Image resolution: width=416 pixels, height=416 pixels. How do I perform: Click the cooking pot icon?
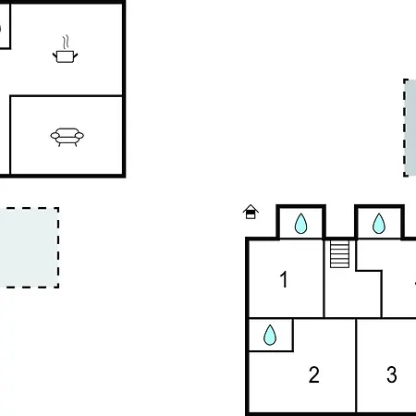coord(65,56)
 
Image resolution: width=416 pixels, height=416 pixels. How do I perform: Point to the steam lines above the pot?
coord(66,42)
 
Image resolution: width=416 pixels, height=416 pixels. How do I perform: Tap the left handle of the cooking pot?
coord(55,56)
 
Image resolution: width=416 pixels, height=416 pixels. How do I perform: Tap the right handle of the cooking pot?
coord(76,56)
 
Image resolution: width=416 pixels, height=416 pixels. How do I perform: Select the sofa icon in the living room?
coord(67,137)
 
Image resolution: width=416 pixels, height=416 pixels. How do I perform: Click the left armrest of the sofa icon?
coord(55,136)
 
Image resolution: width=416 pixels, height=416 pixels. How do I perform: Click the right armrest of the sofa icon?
coord(80,136)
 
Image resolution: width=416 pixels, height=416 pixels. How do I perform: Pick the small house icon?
coord(251,212)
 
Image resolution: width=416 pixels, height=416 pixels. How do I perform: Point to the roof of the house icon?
coord(251,208)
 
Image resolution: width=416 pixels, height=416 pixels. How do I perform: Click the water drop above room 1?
coord(300,224)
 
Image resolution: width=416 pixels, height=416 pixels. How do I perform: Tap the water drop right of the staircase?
coord(379,224)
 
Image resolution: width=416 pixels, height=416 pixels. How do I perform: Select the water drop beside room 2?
coord(270,335)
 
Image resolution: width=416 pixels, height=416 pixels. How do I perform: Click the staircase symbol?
coord(339,254)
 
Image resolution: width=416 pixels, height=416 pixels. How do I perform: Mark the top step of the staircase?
coord(339,243)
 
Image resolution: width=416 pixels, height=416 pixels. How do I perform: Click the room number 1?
coord(284,279)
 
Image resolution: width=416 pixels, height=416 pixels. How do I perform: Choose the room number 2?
coord(314,374)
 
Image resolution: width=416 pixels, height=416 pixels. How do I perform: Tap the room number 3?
coord(392,374)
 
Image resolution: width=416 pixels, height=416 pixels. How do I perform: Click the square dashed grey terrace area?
coord(30,248)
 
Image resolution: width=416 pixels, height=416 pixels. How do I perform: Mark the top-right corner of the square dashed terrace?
coord(58,208)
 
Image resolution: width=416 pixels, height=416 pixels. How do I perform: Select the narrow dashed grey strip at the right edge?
coord(410,128)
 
